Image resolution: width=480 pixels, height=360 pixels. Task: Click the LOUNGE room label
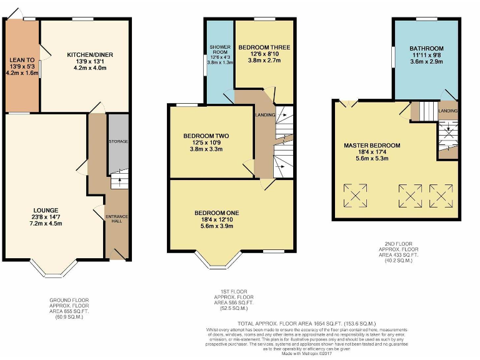(x=47, y=209)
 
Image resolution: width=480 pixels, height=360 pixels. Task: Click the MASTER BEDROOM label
(x=372, y=145)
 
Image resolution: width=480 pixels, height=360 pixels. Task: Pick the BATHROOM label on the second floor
(x=426, y=48)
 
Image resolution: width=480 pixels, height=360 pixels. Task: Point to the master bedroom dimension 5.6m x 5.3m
(x=372, y=159)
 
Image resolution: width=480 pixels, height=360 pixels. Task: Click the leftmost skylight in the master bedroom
(x=356, y=196)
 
